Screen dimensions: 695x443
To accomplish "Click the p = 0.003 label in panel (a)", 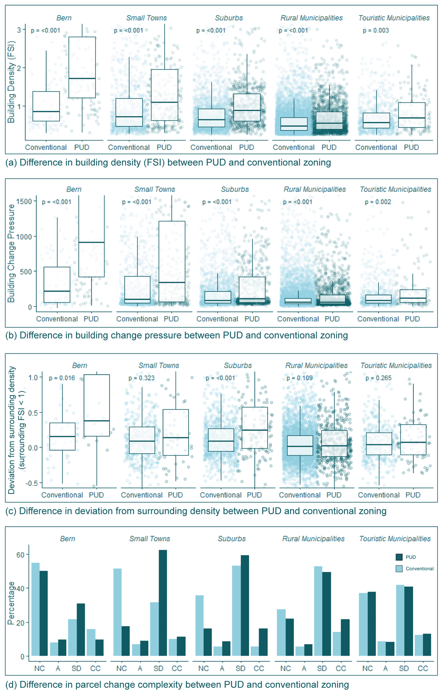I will (x=376, y=31).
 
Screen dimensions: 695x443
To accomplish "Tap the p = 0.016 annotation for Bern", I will (x=62, y=378).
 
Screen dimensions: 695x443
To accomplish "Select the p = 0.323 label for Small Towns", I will (x=141, y=378).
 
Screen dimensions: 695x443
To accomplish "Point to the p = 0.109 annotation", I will (x=299, y=378).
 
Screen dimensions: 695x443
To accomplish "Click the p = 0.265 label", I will (x=378, y=378).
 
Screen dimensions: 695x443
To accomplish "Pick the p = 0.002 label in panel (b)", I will (x=378, y=202).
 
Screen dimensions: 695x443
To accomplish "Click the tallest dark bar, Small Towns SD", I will (x=163, y=603).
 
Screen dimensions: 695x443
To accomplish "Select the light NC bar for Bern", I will (x=35, y=609).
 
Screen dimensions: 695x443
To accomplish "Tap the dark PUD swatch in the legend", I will (x=399, y=557).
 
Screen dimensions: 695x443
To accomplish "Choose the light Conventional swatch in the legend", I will (x=399, y=569).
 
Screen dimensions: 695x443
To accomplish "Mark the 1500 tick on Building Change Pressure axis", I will (x=24, y=201).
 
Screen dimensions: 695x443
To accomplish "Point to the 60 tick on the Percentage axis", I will (x=20, y=555).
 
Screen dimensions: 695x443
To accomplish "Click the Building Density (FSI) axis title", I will (x=11, y=82).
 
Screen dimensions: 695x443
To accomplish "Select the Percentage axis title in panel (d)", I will (x=11, y=603).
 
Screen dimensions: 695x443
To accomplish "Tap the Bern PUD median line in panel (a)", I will (x=82, y=79).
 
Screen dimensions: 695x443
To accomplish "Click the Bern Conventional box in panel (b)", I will (x=57, y=284).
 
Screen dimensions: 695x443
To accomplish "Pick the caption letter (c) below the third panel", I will (x=11, y=511).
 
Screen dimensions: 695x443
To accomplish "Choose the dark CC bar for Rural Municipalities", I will (x=345, y=638).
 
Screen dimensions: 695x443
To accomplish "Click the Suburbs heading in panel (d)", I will (x=231, y=539).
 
